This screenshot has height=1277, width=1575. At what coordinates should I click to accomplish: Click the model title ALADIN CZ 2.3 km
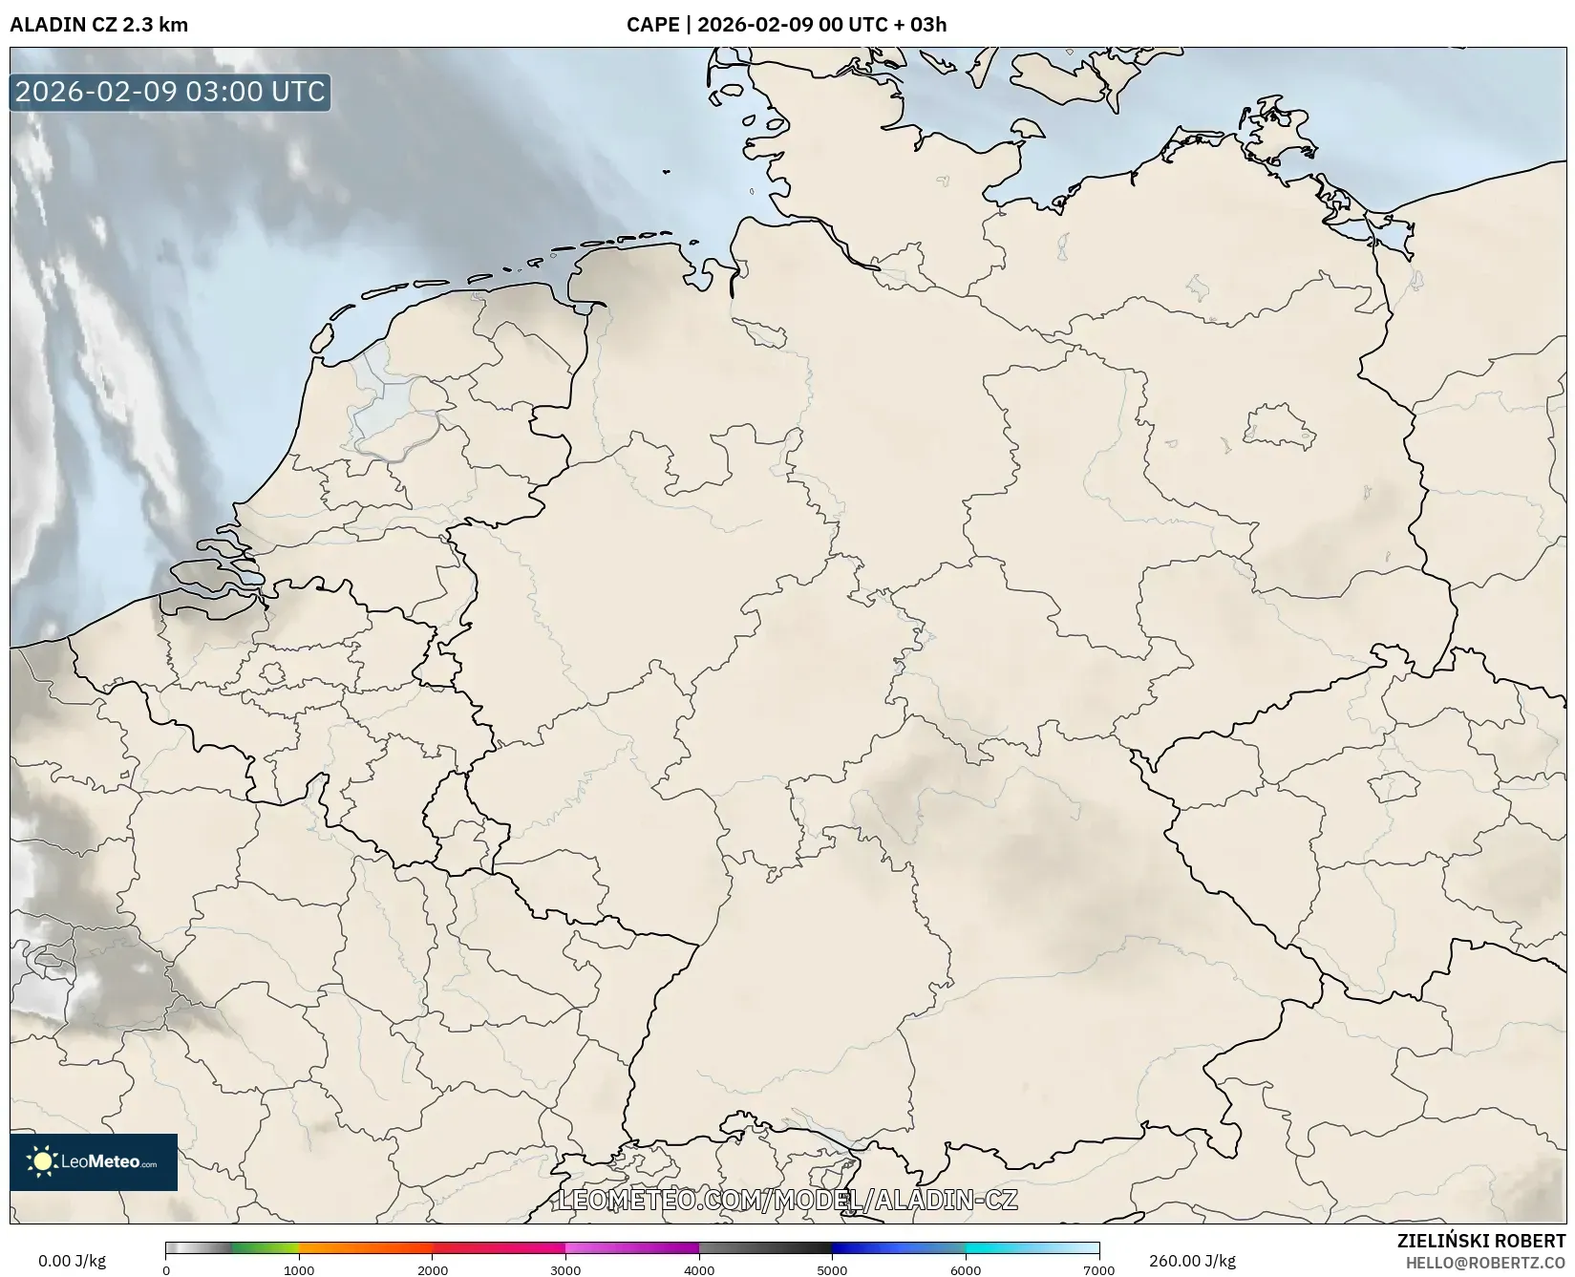coord(99,25)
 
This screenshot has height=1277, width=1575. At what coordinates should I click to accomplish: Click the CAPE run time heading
coord(786,25)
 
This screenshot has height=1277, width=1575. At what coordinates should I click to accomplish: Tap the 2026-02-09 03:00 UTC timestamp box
coord(170,92)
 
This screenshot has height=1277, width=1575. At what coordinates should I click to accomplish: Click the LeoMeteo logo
coord(94,1161)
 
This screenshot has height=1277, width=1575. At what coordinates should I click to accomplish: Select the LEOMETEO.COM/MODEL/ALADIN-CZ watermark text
coord(787,1200)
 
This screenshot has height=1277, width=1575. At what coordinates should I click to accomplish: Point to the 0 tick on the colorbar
coord(166,1269)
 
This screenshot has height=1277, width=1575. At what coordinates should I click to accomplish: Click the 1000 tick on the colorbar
coord(299,1269)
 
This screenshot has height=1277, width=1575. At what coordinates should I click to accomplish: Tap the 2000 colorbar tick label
coord(433,1269)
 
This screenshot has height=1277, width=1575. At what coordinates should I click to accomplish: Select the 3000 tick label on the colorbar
coord(565,1269)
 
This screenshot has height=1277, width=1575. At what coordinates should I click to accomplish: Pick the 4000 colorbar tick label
coord(699,1269)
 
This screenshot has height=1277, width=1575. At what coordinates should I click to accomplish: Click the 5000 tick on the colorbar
coord(832,1269)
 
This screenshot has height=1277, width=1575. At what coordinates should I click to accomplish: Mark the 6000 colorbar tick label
coord(966,1269)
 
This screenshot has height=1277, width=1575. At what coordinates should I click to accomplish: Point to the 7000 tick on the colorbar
coord(1098,1269)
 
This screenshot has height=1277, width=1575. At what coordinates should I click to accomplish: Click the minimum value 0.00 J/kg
coord(73,1261)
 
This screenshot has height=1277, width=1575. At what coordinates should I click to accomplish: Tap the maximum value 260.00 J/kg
coord(1192,1261)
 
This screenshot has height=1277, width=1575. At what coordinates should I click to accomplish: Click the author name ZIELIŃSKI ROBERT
coord(1481,1242)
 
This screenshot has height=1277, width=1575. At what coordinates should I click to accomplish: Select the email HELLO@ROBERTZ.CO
coord(1485,1263)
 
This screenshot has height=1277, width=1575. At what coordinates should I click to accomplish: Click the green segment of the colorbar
coord(266,1248)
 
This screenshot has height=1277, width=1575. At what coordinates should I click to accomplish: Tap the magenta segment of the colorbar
coord(630,1248)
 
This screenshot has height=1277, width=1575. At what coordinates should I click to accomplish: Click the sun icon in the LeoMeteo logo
coord(42,1161)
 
